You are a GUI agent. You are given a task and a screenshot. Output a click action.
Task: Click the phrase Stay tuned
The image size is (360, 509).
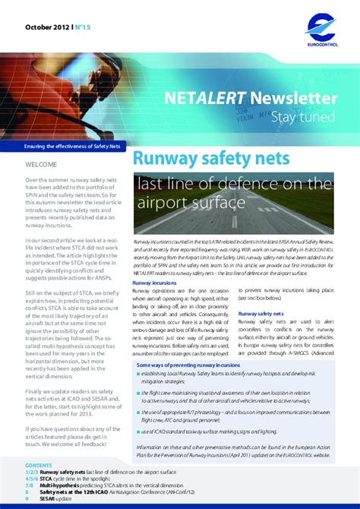[308, 116]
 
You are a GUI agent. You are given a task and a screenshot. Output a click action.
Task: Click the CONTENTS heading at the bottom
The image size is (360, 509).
[39, 464]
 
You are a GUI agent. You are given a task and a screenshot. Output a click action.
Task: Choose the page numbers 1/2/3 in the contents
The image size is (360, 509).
[35, 472]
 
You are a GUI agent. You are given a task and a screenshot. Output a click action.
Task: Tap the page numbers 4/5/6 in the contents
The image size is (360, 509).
[35, 479]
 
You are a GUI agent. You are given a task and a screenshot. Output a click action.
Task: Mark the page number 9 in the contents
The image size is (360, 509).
[27, 498]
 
